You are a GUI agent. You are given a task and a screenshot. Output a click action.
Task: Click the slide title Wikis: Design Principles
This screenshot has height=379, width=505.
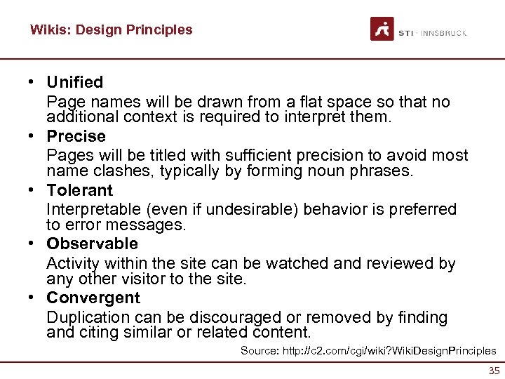click(111, 30)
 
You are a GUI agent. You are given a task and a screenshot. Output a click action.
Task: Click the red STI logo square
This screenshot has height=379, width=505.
click(382, 29)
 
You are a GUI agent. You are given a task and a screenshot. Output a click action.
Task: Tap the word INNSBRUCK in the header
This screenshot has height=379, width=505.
click(443, 33)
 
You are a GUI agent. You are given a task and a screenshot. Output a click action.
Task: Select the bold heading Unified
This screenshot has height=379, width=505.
click(74, 82)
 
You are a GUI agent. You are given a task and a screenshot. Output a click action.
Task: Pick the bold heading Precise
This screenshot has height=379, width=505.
click(76, 136)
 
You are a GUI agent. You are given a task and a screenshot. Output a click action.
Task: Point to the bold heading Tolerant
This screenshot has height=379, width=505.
click(79, 190)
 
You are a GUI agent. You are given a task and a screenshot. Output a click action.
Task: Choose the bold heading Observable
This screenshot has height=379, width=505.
click(92, 244)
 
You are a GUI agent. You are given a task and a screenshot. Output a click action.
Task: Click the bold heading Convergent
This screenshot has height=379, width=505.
click(93, 298)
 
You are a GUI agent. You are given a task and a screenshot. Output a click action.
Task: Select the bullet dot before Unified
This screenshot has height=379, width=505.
click(33, 82)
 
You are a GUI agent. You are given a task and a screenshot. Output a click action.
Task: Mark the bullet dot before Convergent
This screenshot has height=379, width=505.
click(33, 298)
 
